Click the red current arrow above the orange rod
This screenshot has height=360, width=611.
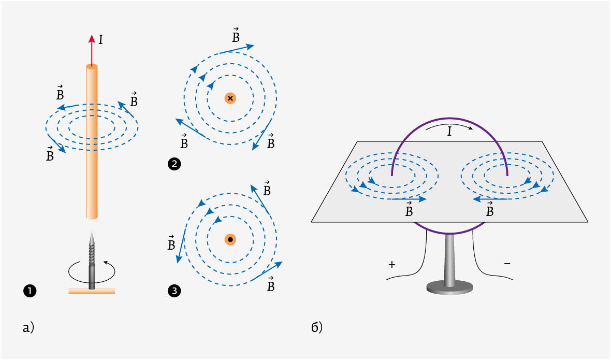pyautogui.click(x=92, y=51)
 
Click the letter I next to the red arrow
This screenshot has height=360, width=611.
pyautogui.click(x=100, y=40)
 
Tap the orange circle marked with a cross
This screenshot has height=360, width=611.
pyautogui.click(x=230, y=98)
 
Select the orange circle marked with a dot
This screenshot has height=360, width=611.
pyautogui.click(x=230, y=240)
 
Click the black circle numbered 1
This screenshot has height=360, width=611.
pyautogui.click(x=30, y=291)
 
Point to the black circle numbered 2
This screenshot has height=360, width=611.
pyautogui.click(x=174, y=164)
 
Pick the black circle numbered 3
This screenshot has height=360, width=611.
pyautogui.click(x=174, y=291)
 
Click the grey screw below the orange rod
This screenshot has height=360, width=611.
pyautogui.click(x=92, y=260)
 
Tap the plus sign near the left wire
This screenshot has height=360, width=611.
pyautogui.click(x=392, y=265)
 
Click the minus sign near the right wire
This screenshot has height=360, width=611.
pyautogui.click(x=507, y=263)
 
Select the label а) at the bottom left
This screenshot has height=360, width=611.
pyautogui.click(x=28, y=328)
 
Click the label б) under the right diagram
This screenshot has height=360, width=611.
pyautogui.click(x=317, y=327)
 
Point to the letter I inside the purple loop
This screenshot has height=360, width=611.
pyautogui.click(x=449, y=132)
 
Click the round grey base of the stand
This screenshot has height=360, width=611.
pyautogui.click(x=449, y=288)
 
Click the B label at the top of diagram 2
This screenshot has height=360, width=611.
pyautogui.click(x=236, y=35)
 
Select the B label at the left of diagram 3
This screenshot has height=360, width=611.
pyautogui.click(x=171, y=242)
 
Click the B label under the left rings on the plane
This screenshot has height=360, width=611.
pyautogui.click(x=409, y=209)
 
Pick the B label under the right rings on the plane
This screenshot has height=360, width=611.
pyautogui.click(x=490, y=209)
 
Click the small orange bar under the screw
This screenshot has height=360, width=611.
pyautogui.click(x=92, y=292)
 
